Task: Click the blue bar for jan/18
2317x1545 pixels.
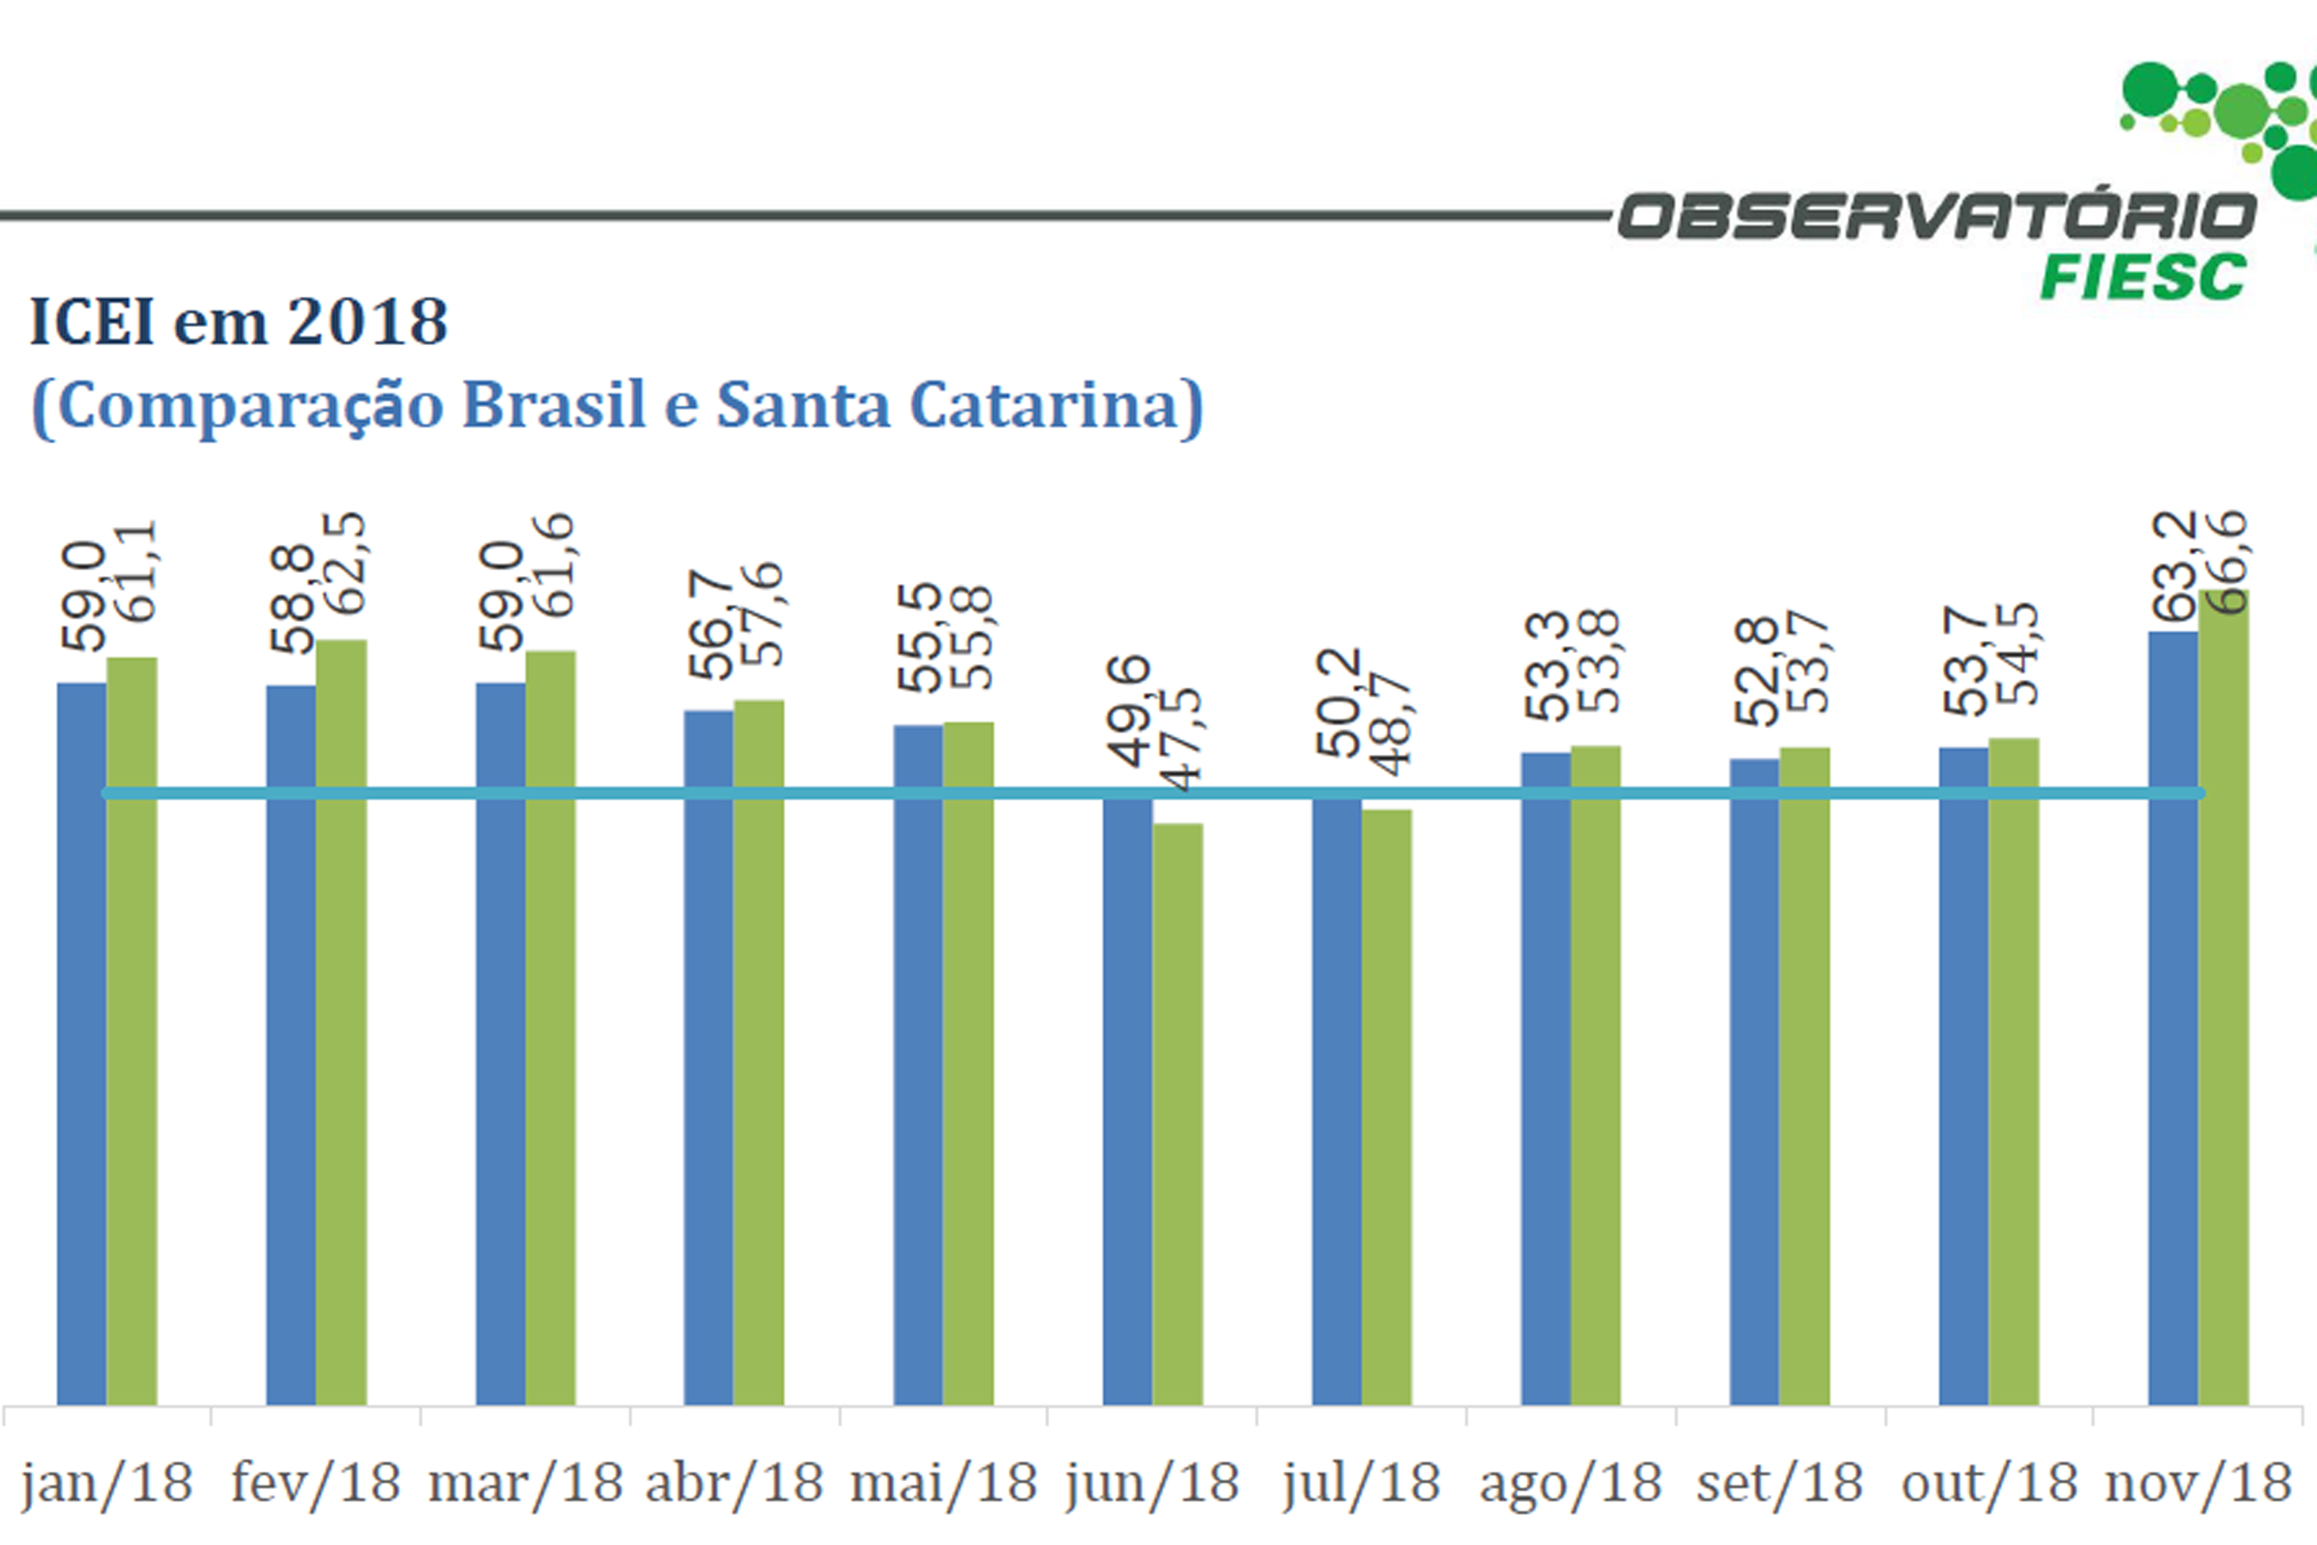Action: click(82, 1045)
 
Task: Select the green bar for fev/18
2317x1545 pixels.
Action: click(341, 1025)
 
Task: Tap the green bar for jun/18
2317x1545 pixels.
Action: click(1177, 1113)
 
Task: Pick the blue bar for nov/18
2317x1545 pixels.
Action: click(2173, 1020)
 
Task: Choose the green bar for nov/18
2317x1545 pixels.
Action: click(2223, 995)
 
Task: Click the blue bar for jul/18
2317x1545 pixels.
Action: click(1337, 1099)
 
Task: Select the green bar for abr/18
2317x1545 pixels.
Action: click(759, 1054)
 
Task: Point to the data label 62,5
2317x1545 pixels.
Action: click(347, 564)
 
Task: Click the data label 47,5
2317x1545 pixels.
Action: click(1183, 739)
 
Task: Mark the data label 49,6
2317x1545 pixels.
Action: click(1129, 710)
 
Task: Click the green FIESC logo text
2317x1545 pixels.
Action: click(2142, 277)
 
